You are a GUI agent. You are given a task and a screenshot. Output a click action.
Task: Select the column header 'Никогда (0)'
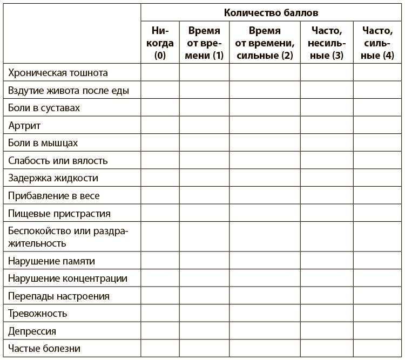(160, 43)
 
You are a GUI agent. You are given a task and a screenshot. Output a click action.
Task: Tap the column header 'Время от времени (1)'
(204, 43)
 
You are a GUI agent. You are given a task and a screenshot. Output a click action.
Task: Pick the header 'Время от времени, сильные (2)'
(265, 43)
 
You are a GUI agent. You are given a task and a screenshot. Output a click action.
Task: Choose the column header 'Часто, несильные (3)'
(326, 43)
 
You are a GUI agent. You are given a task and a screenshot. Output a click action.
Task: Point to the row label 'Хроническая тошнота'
(58, 72)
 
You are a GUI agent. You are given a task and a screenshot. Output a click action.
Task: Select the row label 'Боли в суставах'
(44, 108)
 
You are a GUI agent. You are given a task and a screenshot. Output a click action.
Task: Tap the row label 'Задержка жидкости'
(53, 178)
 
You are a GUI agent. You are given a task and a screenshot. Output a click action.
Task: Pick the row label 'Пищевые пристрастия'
(59, 213)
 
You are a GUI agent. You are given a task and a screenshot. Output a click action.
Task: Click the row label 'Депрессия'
(32, 331)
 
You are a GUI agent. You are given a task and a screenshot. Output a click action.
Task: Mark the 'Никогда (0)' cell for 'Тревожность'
(160, 313)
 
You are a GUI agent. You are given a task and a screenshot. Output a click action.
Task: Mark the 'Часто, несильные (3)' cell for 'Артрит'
(326, 126)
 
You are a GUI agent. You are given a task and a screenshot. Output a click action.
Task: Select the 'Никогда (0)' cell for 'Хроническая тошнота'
(160, 72)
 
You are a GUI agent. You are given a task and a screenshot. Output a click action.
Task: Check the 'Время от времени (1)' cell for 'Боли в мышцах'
(204, 143)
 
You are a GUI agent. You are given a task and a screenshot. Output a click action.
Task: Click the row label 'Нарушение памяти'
(52, 261)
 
